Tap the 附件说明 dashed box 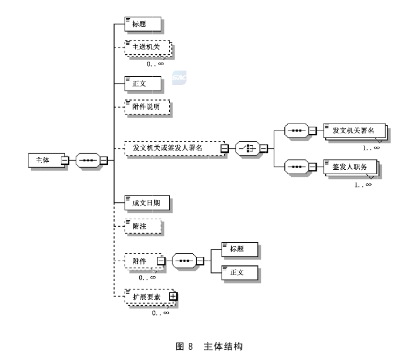click(147, 107)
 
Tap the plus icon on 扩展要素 click(173, 296)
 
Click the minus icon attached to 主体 click(64, 160)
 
